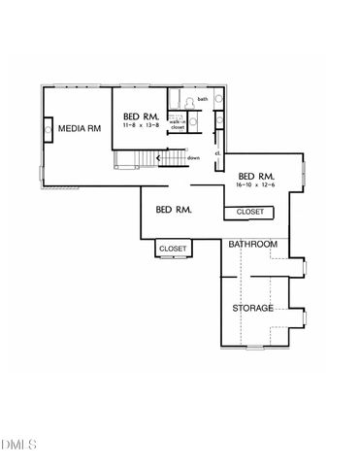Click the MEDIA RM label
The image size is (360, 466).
[x=81, y=128]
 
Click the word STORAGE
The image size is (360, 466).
[x=252, y=309]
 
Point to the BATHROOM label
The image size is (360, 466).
[x=253, y=244]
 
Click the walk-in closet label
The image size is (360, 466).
[x=178, y=124]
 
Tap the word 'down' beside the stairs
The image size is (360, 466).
[x=194, y=157]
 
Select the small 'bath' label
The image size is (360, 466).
[x=203, y=99]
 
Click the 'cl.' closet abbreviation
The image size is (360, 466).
[x=216, y=152]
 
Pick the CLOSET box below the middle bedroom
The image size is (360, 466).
[x=173, y=249]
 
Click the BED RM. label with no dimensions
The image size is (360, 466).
[x=173, y=210]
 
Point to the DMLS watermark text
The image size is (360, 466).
[x=17, y=445]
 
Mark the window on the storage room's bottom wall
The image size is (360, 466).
[x=254, y=346]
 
